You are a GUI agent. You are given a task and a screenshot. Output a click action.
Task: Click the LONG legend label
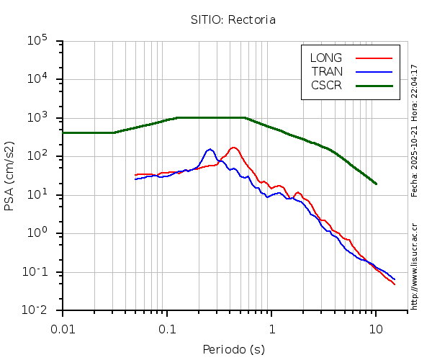click(x=325, y=58)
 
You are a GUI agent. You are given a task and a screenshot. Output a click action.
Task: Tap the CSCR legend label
click(x=326, y=85)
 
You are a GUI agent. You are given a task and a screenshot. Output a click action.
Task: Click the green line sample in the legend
click(x=374, y=85)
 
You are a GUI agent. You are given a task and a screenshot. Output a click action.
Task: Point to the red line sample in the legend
click(x=374, y=58)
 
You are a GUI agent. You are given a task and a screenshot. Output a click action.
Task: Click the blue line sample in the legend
click(x=374, y=71)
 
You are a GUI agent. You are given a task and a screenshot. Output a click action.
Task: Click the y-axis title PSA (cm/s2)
click(x=9, y=176)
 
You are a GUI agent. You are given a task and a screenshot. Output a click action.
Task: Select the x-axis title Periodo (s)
click(x=233, y=350)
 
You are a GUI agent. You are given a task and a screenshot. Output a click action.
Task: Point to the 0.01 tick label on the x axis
click(x=63, y=328)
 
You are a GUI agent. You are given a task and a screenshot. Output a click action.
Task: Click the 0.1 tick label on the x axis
click(x=167, y=328)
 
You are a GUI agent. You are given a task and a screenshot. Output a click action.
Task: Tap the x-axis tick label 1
click(x=271, y=328)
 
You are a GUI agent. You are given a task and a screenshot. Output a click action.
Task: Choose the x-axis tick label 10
click(x=376, y=328)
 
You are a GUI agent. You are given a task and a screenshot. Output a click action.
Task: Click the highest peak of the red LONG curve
click(x=233, y=148)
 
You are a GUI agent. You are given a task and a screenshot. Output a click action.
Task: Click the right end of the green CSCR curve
click(x=376, y=184)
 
